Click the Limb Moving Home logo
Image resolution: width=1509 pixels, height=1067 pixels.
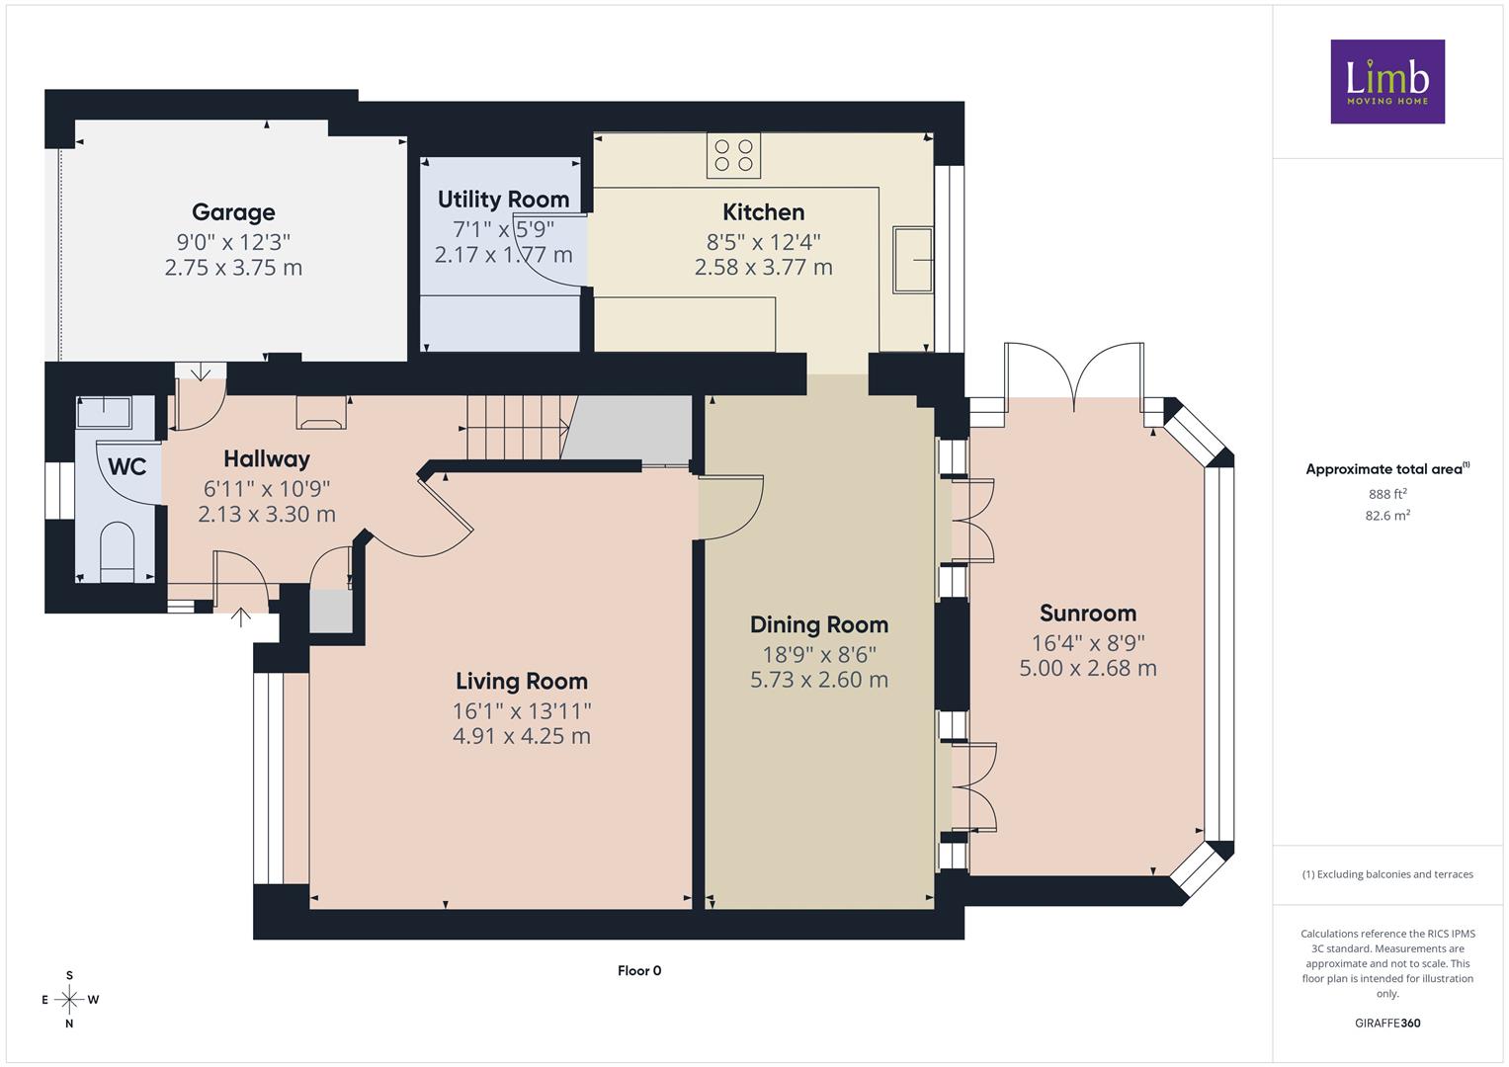point(1387,81)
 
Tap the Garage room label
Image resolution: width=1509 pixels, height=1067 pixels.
point(233,212)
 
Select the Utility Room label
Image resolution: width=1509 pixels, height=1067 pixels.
point(503,200)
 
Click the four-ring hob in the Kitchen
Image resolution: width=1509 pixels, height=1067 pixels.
point(733,156)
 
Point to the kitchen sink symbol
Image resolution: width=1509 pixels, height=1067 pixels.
point(913,260)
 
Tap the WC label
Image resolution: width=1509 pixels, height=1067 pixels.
point(126,466)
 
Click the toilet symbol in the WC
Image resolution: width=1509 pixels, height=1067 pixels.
point(118,551)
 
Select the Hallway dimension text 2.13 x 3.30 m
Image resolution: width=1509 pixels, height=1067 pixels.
point(267,515)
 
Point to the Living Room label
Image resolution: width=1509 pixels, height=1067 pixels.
point(522,681)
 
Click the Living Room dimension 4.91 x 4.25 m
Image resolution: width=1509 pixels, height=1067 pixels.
point(522,736)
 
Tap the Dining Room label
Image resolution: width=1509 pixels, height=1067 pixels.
point(819,625)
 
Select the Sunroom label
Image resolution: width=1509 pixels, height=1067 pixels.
point(1088,613)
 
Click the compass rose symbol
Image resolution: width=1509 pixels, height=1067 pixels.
point(69,1000)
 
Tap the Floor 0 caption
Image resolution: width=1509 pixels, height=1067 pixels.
point(639,970)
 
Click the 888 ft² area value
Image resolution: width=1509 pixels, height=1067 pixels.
point(1387,494)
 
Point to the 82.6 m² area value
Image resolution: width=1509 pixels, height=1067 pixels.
point(1387,516)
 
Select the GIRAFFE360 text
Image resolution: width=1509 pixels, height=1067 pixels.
point(1387,1023)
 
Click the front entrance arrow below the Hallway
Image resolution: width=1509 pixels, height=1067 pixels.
point(240,617)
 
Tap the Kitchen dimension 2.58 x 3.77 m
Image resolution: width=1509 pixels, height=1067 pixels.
point(763,268)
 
